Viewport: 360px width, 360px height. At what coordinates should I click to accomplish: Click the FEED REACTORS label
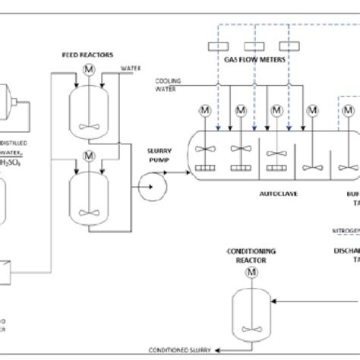[87, 55]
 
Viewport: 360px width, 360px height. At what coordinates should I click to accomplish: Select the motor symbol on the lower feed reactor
[88, 156]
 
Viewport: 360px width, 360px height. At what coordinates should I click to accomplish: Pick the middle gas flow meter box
[252, 46]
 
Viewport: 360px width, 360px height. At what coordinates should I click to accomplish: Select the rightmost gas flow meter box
[287, 46]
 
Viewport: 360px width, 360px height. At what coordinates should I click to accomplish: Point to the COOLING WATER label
[169, 83]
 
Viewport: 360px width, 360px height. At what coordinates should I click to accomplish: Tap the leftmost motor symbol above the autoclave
[206, 111]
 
